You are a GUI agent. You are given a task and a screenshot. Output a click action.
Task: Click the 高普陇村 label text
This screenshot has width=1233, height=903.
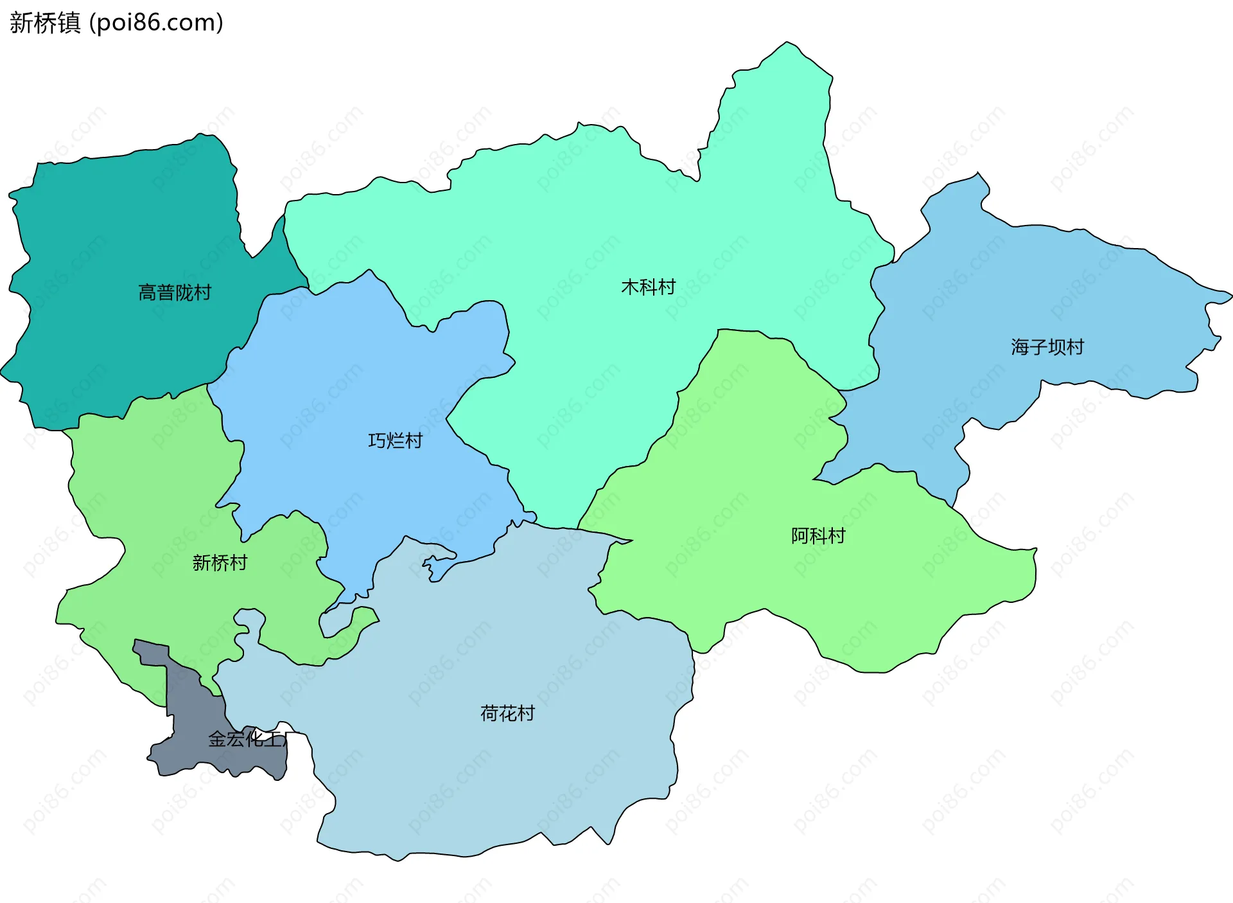click(175, 293)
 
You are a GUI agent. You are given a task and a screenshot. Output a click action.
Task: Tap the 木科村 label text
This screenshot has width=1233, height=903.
click(648, 287)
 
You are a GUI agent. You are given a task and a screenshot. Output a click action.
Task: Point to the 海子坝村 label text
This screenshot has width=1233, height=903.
click(1047, 347)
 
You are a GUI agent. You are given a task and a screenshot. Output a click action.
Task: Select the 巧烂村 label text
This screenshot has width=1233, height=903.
click(395, 441)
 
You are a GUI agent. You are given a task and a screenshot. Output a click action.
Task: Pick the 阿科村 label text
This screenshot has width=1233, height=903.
click(818, 536)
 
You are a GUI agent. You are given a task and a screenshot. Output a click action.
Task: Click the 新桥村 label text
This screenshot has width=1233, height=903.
click(220, 563)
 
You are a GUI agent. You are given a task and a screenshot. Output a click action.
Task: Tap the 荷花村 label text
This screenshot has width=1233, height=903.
click(507, 713)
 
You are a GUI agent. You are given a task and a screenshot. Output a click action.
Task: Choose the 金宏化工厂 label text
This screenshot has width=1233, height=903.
click(247, 739)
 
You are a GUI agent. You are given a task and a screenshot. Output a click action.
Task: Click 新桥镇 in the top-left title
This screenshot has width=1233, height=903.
click(45, 23)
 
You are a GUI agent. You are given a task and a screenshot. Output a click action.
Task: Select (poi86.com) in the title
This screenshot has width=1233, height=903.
click(156, 23)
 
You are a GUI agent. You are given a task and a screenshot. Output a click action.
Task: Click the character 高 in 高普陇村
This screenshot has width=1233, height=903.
click(147, 293)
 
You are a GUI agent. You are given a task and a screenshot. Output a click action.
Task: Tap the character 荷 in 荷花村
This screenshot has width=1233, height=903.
click(489, 713)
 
